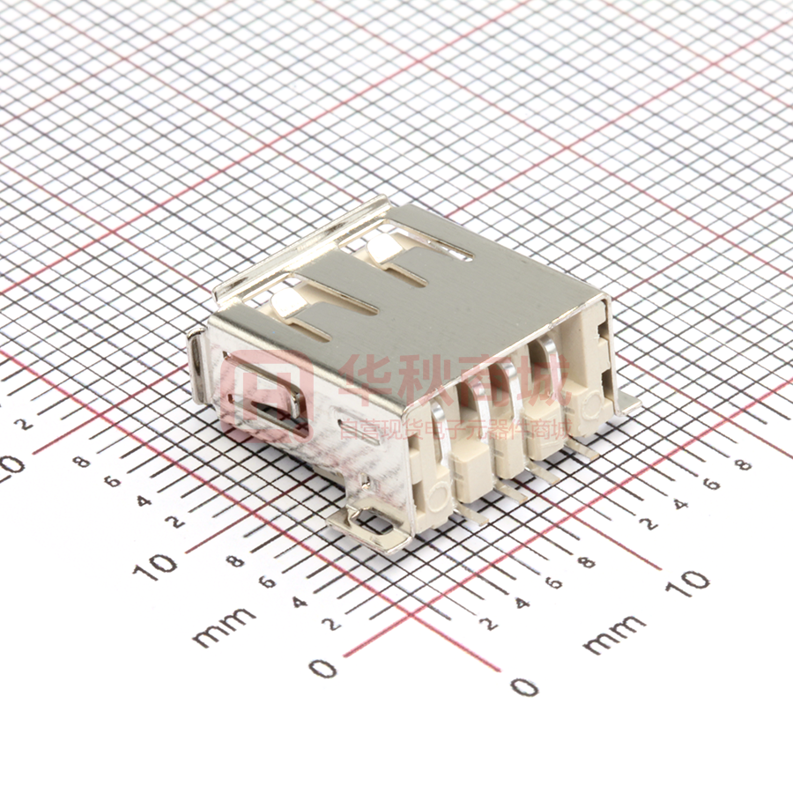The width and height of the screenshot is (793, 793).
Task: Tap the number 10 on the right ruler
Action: pyautogui.click(x=693, y=579)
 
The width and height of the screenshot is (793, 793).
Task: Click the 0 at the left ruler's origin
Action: pyautogui.click(x=324, y=668)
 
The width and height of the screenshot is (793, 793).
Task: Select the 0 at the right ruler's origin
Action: pyautogui.click(x=525, y=686)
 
